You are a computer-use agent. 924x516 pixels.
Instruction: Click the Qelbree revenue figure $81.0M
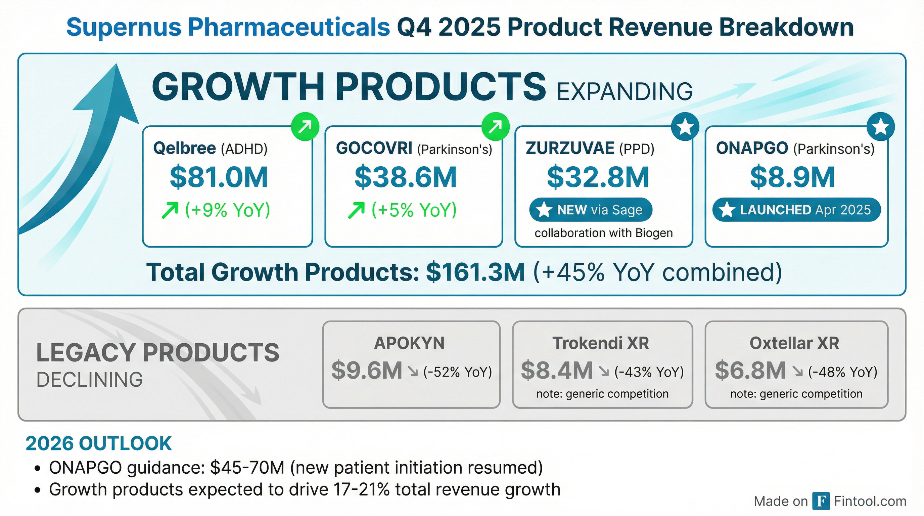[x=219, y=177]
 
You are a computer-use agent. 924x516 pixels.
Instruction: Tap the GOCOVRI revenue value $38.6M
[x=405, y=177]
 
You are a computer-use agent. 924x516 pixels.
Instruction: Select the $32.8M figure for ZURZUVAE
[x=598, y=177]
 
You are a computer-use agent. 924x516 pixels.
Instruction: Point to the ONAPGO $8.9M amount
[x=792, y=177]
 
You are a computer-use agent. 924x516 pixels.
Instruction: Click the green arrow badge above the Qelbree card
[x=305, y=127]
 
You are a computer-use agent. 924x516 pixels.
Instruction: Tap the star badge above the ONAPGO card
[x=880, y=127]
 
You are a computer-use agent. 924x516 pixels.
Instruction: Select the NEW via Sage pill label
[x=591, y=210]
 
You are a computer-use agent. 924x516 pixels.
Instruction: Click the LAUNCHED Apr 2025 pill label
[x=796, y=210]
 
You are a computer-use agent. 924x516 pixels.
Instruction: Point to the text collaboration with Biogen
[x=603, y=233]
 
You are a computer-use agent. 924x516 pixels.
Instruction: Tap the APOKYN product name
[x=409, y=343]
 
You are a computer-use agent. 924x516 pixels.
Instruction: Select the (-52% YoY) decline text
[x=457, y=372]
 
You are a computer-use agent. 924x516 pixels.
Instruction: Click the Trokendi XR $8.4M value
[x=556, y=370]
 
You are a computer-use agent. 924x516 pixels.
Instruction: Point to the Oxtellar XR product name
[x=794, y=343]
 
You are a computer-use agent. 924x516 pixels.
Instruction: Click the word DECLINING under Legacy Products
[x=90, y=380]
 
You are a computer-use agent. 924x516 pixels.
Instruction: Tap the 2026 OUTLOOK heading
[x=99, y=443]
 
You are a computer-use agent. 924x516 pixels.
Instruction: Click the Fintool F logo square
[x=821, y=501]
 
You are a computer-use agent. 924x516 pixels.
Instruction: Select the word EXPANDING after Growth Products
[x=625, y=91]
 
